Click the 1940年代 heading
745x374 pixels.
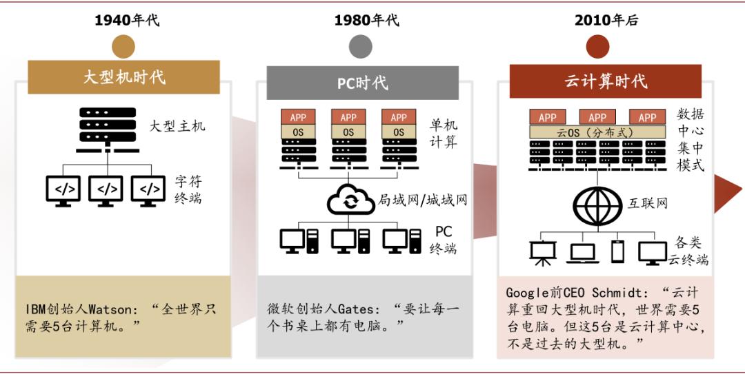point(127,20)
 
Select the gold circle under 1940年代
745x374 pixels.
point(124,46)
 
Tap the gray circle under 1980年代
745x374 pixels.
point(360,46)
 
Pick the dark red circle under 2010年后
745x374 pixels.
point(597,46)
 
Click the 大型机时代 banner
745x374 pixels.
point(124,76)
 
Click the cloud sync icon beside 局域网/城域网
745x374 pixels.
point(351,200)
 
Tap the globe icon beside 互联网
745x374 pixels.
point(597,204)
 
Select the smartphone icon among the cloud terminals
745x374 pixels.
point(617,251)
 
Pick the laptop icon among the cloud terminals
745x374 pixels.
point(581,253)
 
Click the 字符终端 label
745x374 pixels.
point(188,191)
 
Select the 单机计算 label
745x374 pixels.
point(444,134)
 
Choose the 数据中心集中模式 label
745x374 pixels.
point(691,140)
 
